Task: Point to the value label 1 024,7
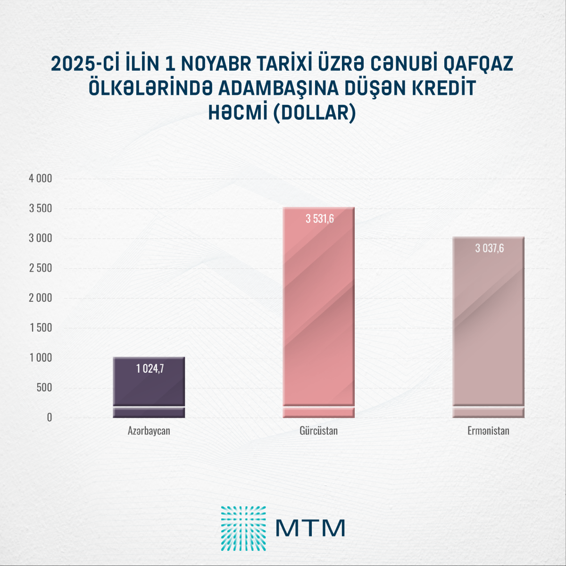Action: click(x=150, y=368)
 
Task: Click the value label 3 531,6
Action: click(x=320, y=219)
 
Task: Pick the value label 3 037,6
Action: click(x=490, y=248)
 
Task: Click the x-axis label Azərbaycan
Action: click(x=149, y=431)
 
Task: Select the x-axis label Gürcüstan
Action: click(x=318, y=431)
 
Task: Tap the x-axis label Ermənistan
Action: click(x=488, y=431)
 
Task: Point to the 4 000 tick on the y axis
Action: click(x=41, y=179)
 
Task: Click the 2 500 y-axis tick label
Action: click(x=41, y=268)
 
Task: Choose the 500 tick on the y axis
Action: click(x=44, y=388)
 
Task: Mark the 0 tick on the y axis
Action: click(x=49, y=417)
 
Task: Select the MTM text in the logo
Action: click(x=310, y=528)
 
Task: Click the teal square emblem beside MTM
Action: click(x=243, y=528)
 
